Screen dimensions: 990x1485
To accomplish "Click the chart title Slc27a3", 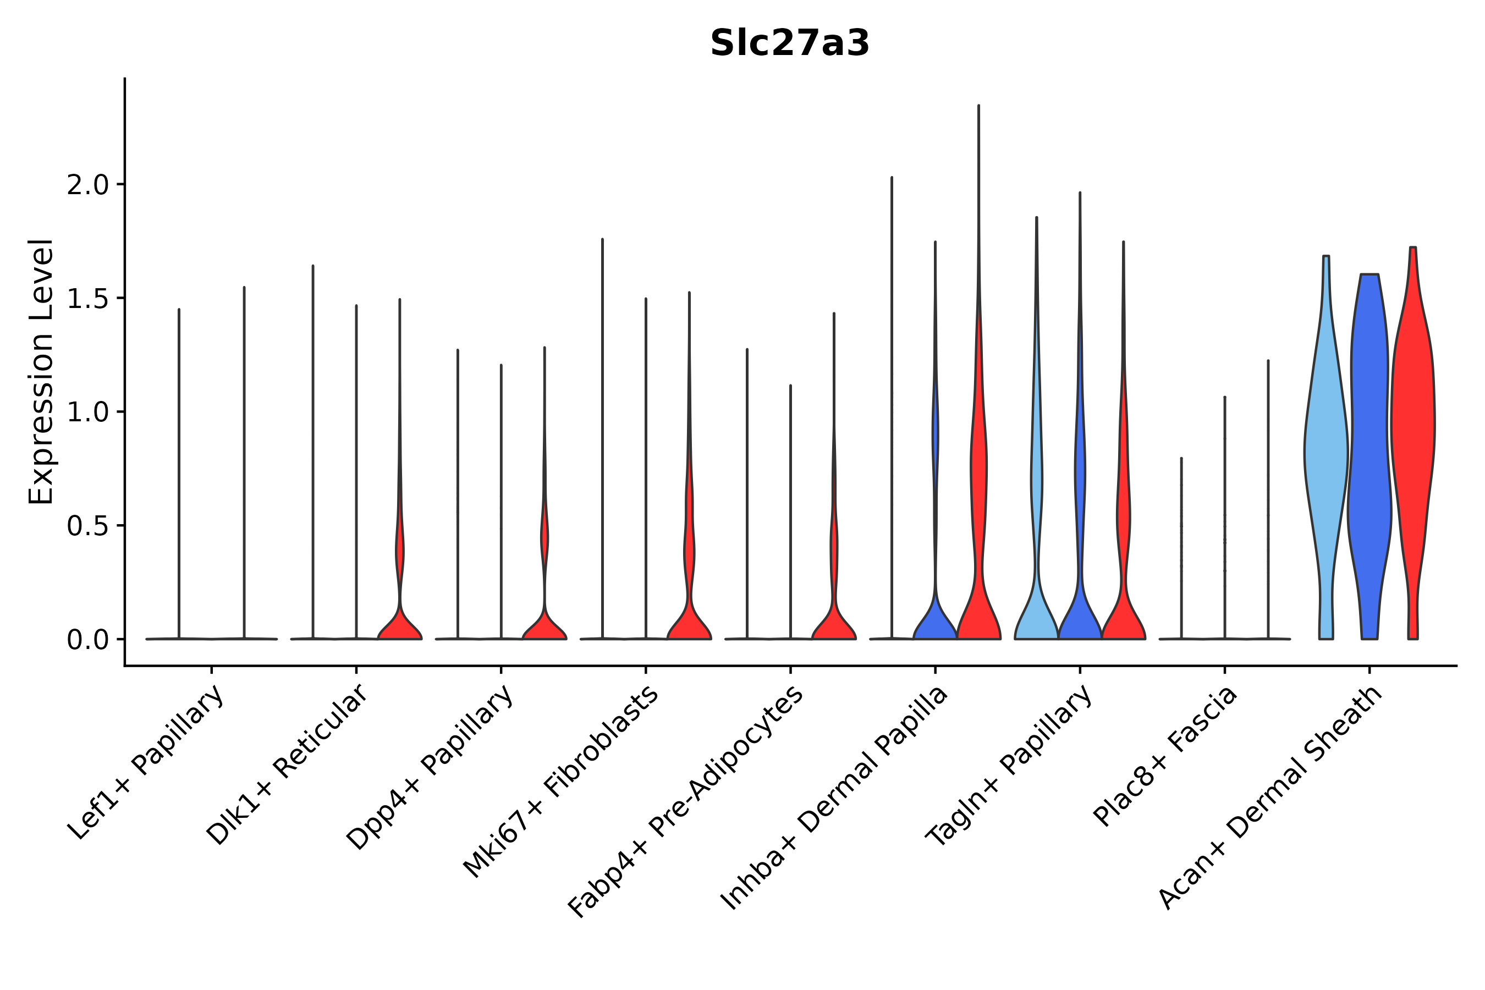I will tap(789, 43).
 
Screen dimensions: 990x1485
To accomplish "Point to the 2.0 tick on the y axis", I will tap(87, 185).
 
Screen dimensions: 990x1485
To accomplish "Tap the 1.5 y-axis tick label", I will tap(87, 299).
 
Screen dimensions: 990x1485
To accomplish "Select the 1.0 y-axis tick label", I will tap(87, 413).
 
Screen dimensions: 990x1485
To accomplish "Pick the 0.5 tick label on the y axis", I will tap(87, 526).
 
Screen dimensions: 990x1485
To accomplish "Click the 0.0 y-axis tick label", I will tap(87, 640).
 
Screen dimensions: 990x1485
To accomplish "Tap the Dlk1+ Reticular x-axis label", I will tap(287, 765).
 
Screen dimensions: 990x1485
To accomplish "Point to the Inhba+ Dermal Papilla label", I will tap(834, 798).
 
